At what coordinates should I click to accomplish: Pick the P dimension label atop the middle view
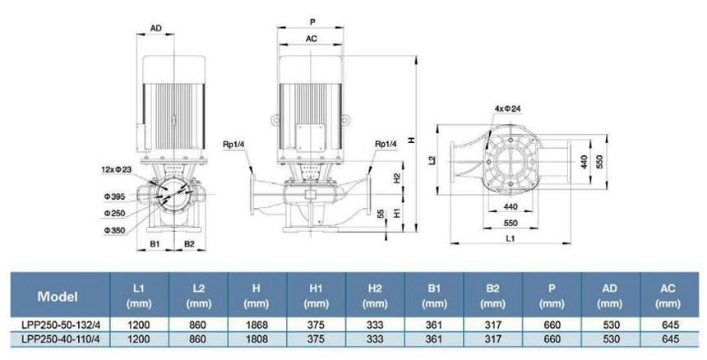(312, 20)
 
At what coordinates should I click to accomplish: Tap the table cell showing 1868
(257, 325)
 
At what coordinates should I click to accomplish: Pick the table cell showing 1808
(257, 338)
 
